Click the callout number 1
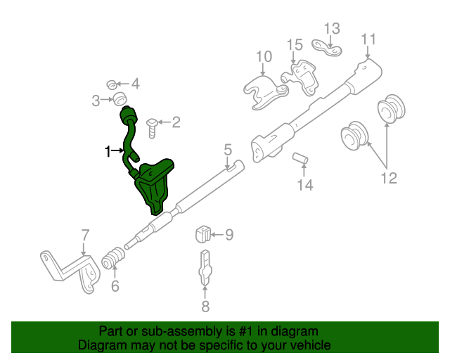(108, 150)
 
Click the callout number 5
(227, 149)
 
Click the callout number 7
(84, 234)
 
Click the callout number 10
(264, 56)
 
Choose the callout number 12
(389, 178)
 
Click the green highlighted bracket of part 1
(155, 184)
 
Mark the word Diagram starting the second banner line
(101, 345)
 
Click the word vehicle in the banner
(308, 345)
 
